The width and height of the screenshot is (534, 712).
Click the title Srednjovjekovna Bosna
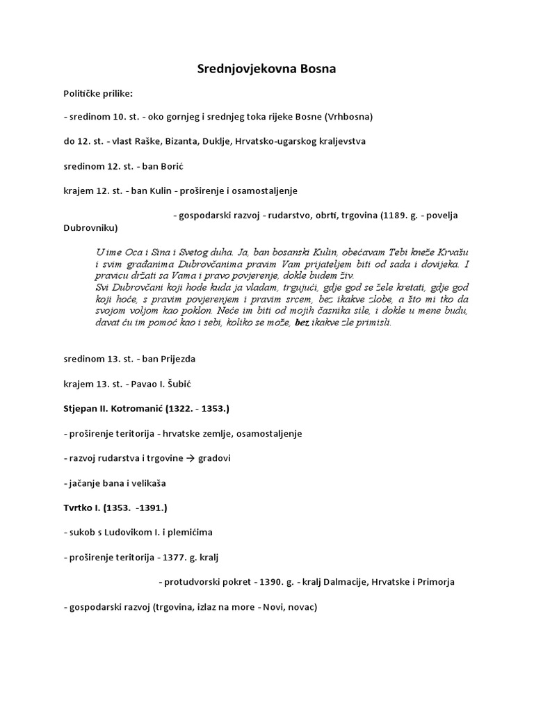click(x=267, y=69)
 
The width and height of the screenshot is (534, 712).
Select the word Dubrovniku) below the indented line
click(x=90, y=227)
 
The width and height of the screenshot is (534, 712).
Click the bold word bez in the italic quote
click(x=301, y=323)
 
